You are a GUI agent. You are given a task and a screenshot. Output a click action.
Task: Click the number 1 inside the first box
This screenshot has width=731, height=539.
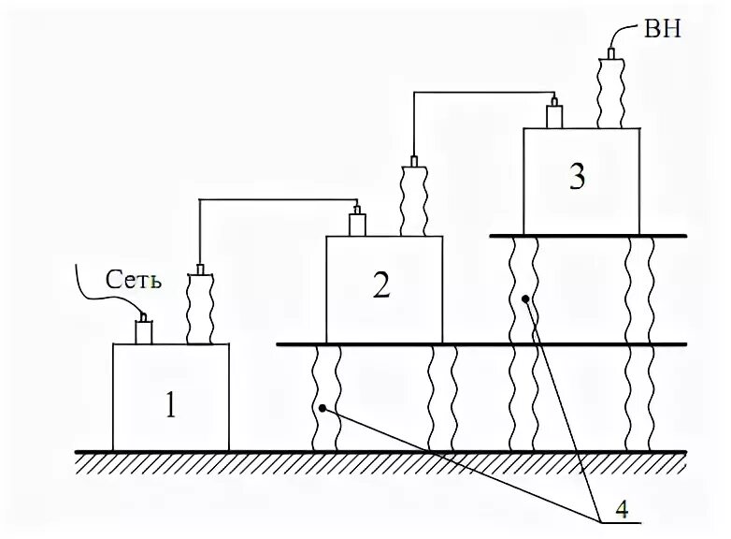pos(170,405)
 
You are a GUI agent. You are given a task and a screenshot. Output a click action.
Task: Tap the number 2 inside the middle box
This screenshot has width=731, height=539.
pos(381,285)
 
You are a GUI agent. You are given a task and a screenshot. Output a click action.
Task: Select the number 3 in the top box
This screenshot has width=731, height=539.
pos(578,177)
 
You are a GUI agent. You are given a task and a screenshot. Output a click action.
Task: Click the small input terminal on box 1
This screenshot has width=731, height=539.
pos(145,330)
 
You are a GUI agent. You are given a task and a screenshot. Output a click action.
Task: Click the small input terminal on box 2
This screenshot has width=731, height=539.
pos(357,224)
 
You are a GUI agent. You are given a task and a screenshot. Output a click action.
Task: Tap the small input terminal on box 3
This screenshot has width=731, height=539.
pos(553,115)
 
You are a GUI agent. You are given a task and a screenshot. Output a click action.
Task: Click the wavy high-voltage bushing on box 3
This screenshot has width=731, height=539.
pos(611,94)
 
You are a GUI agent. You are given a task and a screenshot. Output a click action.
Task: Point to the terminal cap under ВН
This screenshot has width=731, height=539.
pos(611,54)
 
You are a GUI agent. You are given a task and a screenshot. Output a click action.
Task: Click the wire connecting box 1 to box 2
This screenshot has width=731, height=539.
pos(280,199)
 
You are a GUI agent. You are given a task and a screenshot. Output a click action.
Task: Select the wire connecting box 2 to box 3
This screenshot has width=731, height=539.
pos(481,93)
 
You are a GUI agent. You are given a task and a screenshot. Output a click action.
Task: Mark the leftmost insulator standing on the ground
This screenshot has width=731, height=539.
pos(324,398)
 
